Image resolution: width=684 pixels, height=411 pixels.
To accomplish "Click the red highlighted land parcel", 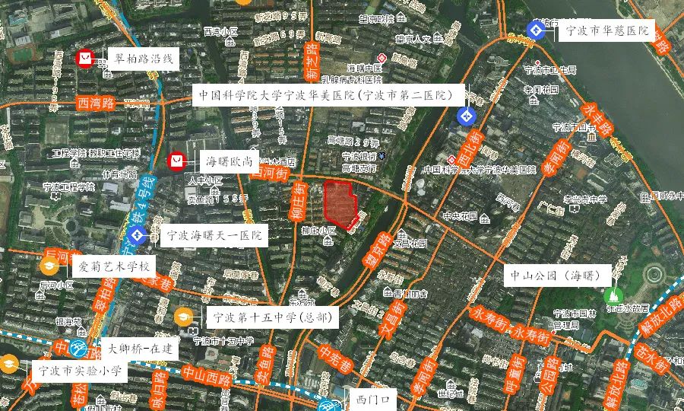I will pos(341,202).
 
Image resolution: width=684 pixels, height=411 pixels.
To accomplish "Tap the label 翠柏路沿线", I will pos(143,58).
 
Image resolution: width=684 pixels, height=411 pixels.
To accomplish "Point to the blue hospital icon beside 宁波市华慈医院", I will pos(536,30).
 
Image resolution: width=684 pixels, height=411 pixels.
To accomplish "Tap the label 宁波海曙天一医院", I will pos(214,235).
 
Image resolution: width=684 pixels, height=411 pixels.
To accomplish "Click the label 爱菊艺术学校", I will pos(114,266).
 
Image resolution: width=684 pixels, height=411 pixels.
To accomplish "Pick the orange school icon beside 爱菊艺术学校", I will pos(49,266).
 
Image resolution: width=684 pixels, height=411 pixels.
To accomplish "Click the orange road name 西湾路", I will pos(96,102).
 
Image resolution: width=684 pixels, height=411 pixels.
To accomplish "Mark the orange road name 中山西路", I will pos(207,376).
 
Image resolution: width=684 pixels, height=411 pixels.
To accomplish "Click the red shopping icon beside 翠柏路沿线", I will pos(85,58).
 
